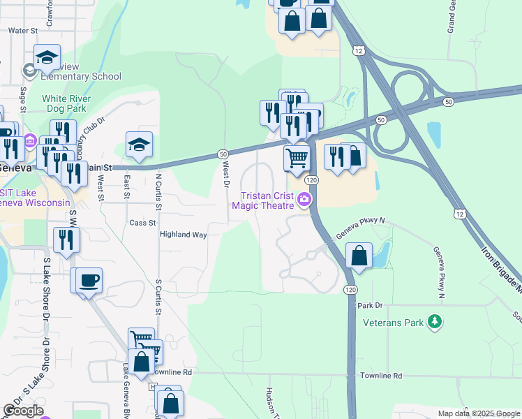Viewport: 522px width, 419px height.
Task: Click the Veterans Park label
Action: [x=394, y=323]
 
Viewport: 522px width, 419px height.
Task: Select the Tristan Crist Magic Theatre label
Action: [x=268, y=200]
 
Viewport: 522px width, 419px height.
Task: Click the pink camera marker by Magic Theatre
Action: [x=304, y=200]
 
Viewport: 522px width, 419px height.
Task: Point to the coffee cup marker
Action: [x=89, y=280]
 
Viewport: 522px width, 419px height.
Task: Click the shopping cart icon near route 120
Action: [x=297, y=158]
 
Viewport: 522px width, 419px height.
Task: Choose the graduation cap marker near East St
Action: [x=139, y=145]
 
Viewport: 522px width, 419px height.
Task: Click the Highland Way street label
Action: [x=183, y=235]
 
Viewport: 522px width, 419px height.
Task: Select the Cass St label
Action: [x=142, y=223]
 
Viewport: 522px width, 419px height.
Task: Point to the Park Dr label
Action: [x=371, y=306]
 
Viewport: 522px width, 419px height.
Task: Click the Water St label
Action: [x=22, y=31]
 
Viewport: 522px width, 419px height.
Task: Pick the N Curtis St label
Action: [x=159, y=192]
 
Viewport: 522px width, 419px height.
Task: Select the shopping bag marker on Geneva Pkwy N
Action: [x=359, y=256]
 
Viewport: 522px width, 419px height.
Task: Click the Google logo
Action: [x=22, y=410]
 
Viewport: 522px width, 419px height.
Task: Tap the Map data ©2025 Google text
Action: [x=478, y=413]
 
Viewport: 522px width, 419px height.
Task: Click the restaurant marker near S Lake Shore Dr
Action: [x=66, y=240]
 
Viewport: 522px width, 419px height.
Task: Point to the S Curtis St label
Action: [x=159, y=297]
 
